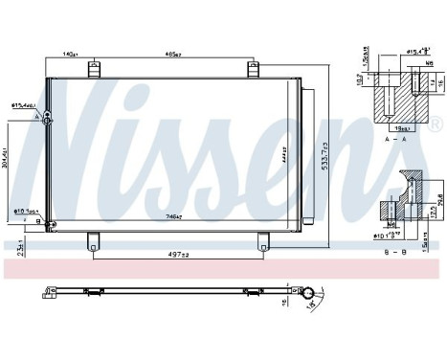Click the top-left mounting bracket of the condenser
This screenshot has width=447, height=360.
click(94, 69)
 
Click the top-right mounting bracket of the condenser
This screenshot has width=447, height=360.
click(253, 69)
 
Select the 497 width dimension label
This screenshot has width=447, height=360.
click(174, 256)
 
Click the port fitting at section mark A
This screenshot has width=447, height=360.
click(49, 118)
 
